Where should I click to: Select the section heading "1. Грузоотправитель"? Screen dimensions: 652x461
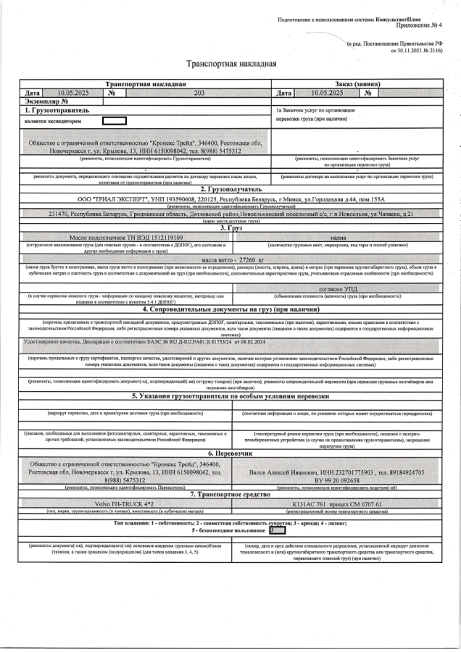[57, 110]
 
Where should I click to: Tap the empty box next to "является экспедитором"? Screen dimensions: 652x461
[115, 122]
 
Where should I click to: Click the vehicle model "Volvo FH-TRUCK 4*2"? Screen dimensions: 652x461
[126, 503]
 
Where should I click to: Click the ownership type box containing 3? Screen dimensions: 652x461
[273, 529]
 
